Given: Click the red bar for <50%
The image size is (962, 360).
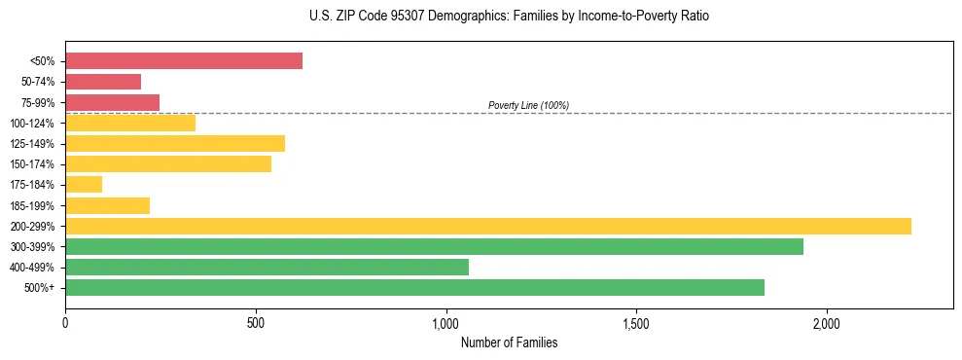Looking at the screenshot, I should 184,61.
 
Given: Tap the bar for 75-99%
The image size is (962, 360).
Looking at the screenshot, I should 112,102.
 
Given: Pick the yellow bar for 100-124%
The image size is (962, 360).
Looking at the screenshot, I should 130,123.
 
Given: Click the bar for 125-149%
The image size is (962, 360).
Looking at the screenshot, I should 175,143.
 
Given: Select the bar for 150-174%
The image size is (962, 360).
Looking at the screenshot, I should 168,163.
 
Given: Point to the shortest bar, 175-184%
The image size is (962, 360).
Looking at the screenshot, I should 84,184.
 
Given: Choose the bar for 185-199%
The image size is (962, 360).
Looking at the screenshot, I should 107,205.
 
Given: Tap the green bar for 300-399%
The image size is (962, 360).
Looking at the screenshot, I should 434,246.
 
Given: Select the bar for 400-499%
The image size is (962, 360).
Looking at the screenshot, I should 267,267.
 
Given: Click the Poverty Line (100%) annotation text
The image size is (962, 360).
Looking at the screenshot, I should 528,105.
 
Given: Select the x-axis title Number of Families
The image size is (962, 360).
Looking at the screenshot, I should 509,342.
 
